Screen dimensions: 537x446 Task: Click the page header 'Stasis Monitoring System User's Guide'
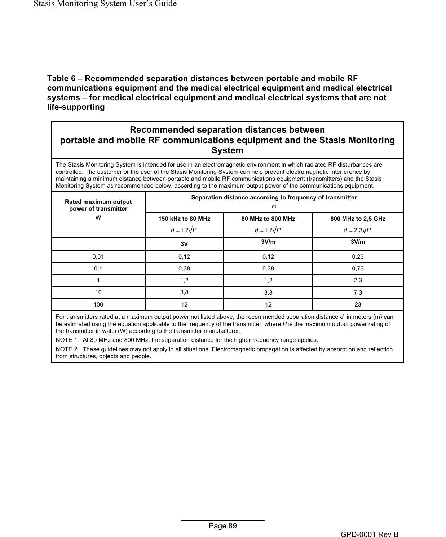tap(105, 4)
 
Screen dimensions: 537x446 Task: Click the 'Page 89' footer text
tap(223, 526)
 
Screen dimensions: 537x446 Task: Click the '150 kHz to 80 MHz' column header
tap(185, 219)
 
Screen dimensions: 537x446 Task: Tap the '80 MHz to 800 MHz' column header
tap(268, 219)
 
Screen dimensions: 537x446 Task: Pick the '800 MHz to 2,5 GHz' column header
tap(358, 219)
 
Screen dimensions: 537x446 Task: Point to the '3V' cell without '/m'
tap(184, 244)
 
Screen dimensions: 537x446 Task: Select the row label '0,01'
tap(98, 257)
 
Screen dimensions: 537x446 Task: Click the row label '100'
tap(98, 305)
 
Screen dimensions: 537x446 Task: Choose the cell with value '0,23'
tap(358, 257)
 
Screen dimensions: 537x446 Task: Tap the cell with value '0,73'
tap(358, 269)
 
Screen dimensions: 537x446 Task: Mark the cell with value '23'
tap(358, 305)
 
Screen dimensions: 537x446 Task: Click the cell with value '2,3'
tap(358, 281)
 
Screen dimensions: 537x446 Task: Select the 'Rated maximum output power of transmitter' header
tap(98, 205)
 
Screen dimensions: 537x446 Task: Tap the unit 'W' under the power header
tap(98, 218)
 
